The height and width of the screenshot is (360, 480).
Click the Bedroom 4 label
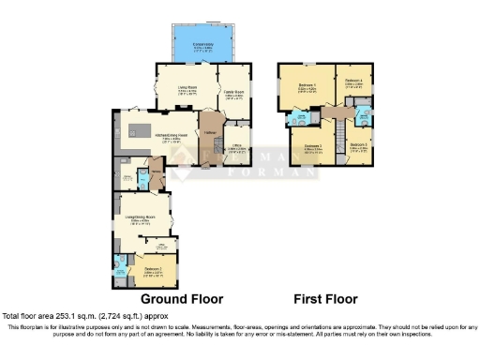[354, 82]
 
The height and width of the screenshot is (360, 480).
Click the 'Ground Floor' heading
[175, 299]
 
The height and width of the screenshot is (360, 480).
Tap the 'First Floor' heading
[325, 299]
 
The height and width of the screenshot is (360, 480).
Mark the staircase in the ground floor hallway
[208, 122]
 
